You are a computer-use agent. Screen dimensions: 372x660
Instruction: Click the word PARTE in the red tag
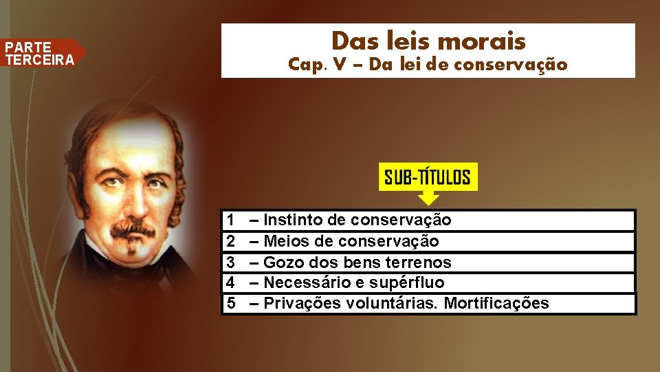(x=28, y=48)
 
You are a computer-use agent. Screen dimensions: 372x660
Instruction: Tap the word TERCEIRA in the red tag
(x=39, y=59)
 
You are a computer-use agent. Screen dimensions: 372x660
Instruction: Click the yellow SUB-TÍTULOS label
(x=428, y=178)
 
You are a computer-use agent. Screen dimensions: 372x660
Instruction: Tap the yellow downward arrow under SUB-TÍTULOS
(x=428, y=198)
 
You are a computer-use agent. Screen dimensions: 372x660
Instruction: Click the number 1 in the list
(x=231, y=220)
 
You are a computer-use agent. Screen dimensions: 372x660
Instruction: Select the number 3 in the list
(x=231, y=262)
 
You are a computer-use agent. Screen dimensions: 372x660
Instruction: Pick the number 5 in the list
(x=231, y=303)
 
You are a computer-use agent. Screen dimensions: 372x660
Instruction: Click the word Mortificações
(x=496, y=303)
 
